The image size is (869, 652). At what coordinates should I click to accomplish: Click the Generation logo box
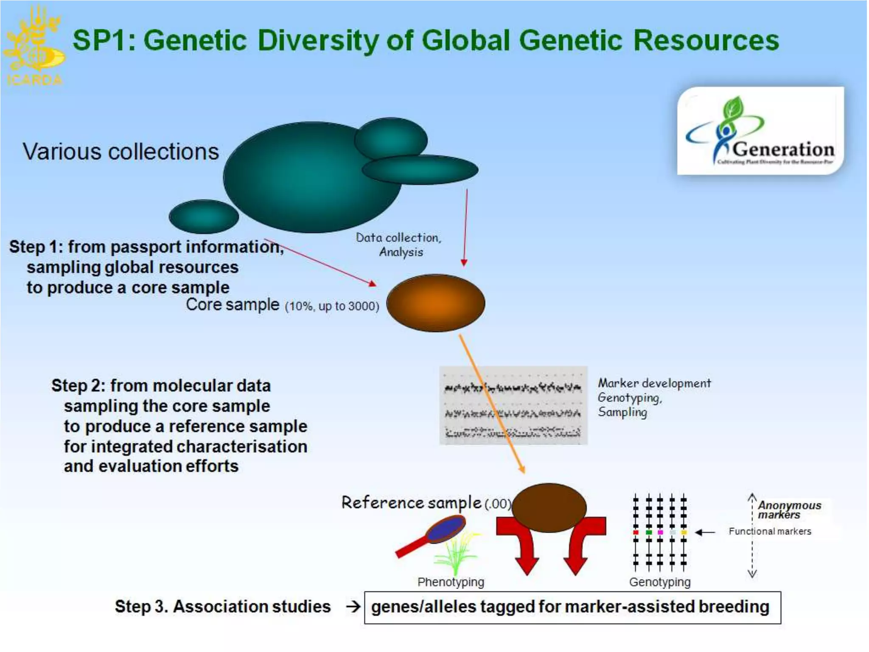point(760,131)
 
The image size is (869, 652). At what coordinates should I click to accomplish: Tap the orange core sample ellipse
point(435,303)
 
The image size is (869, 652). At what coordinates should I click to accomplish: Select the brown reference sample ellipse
point(549,508)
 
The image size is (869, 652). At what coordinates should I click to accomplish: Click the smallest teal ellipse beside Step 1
point(204,216)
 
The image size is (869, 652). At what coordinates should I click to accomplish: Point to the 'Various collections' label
point(121,152)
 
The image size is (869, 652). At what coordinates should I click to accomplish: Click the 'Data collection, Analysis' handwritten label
point(399,244)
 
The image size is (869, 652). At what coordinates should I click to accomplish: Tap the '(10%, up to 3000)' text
point(332,306)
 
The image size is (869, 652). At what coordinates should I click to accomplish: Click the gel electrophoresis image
point(513,405)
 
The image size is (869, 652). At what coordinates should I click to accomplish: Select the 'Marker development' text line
point(654,383)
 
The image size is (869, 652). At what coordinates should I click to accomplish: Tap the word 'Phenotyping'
point(451,582)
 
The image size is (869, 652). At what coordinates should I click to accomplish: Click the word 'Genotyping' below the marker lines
point(660,582)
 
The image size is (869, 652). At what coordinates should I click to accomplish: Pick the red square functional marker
point(636,532)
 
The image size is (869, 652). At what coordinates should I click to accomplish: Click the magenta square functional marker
point(660,532)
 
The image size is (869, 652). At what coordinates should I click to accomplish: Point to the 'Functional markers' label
point(770,531)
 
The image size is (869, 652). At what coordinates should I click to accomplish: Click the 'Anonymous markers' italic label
point(789,510)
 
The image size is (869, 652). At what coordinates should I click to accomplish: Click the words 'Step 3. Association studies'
point(222,607)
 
